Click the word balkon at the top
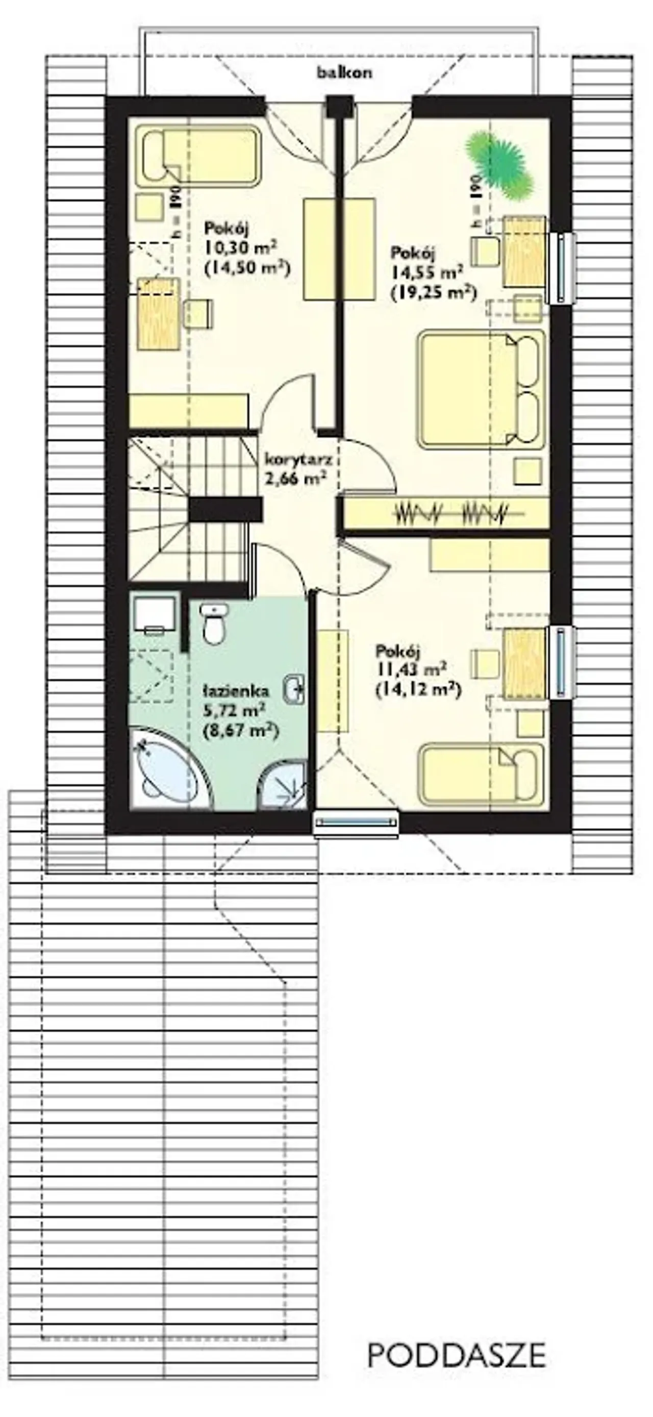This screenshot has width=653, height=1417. (x=344, y=72)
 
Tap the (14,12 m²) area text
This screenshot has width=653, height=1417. (x=418, y=690)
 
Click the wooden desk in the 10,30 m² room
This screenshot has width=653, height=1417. (x=159, y=314)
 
